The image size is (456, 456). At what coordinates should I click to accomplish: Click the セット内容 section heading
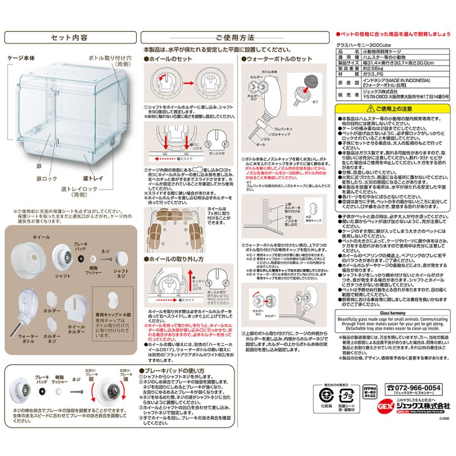click(70, 37)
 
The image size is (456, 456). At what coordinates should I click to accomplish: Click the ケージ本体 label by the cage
click(21, 59)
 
